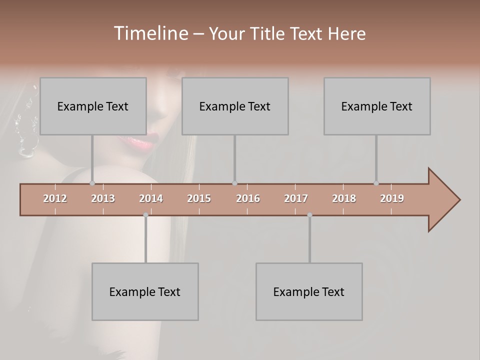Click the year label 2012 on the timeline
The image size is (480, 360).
(x=55, y=198)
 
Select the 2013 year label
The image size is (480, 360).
(x=103, y=198)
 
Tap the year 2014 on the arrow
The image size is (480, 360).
(x=151, y=198)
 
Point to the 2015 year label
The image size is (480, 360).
(x=199, y=198)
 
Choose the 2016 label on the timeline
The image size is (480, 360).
(x=248, y=198)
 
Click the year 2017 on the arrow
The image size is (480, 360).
(x=296, y=198)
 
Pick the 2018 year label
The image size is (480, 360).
(x=344, y=198)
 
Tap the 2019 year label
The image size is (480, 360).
(x=392, y=198)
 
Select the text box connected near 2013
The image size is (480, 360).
(x=93, y=106)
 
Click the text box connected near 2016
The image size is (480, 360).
(x=235, y=106)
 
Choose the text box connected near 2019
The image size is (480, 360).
(x=377, y=106)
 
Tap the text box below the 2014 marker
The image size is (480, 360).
(x=145, y=291)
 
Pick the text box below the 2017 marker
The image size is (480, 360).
(x=309, y=291)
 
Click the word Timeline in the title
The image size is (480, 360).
(x=150, y=33)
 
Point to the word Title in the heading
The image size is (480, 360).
(x=270, y=33)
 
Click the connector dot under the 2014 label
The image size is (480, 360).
(x=145, y=215)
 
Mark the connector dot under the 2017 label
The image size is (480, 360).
(x=309, y=215)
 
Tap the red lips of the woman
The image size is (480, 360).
(x=143, y=142)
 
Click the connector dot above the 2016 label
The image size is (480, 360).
(x=234, y=183)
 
